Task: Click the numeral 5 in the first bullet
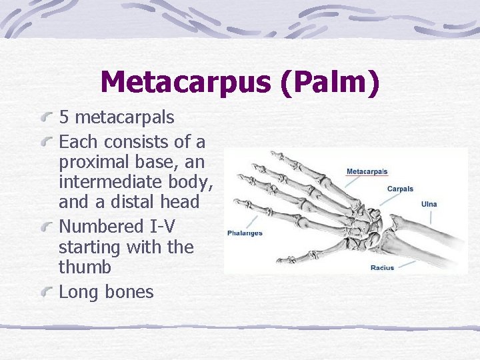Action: [65, 118]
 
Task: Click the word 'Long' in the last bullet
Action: [76, 292]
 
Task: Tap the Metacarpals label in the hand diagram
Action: [367, 172]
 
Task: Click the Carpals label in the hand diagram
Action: [400, 189]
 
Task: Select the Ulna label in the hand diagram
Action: [429, 203]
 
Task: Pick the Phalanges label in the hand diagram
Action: [245, 233]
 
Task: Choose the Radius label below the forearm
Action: [382, 267]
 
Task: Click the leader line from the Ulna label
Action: [430, 215]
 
